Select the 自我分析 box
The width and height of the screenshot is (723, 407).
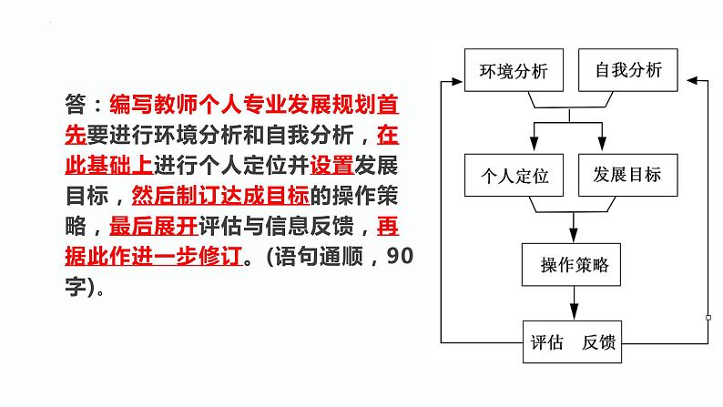[627, 69]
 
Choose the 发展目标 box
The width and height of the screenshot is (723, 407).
[627, 175]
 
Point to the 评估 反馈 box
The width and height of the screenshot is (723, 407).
[573, 343]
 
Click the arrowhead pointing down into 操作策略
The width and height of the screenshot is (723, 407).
[573, 235]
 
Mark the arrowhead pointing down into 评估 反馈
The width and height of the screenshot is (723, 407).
[573, 312]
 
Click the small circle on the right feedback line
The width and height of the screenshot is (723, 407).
[708, 317]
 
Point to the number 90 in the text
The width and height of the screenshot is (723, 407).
[399, 257]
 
